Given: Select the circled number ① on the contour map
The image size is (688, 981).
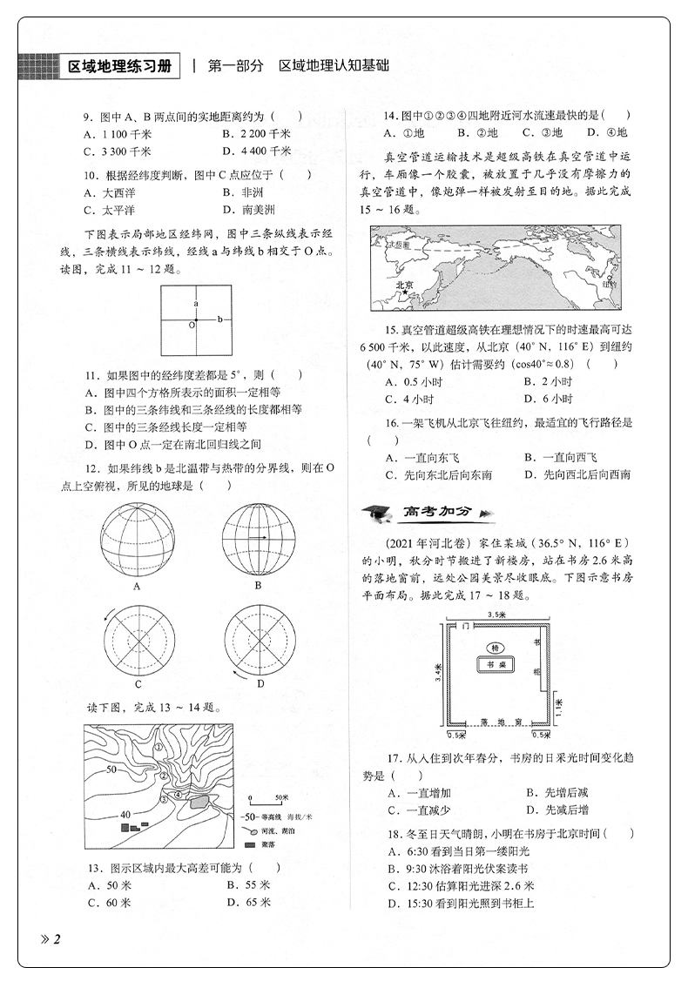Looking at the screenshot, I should coord(159,748).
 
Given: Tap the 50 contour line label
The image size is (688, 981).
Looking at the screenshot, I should coord(111,769).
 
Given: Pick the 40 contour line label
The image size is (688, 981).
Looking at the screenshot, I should coord(125,814).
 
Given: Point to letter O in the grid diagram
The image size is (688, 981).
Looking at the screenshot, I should coord(190,325).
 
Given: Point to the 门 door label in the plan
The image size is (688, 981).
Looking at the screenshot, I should coord(468,627).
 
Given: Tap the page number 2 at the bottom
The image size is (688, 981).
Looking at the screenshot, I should coord(57,937).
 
